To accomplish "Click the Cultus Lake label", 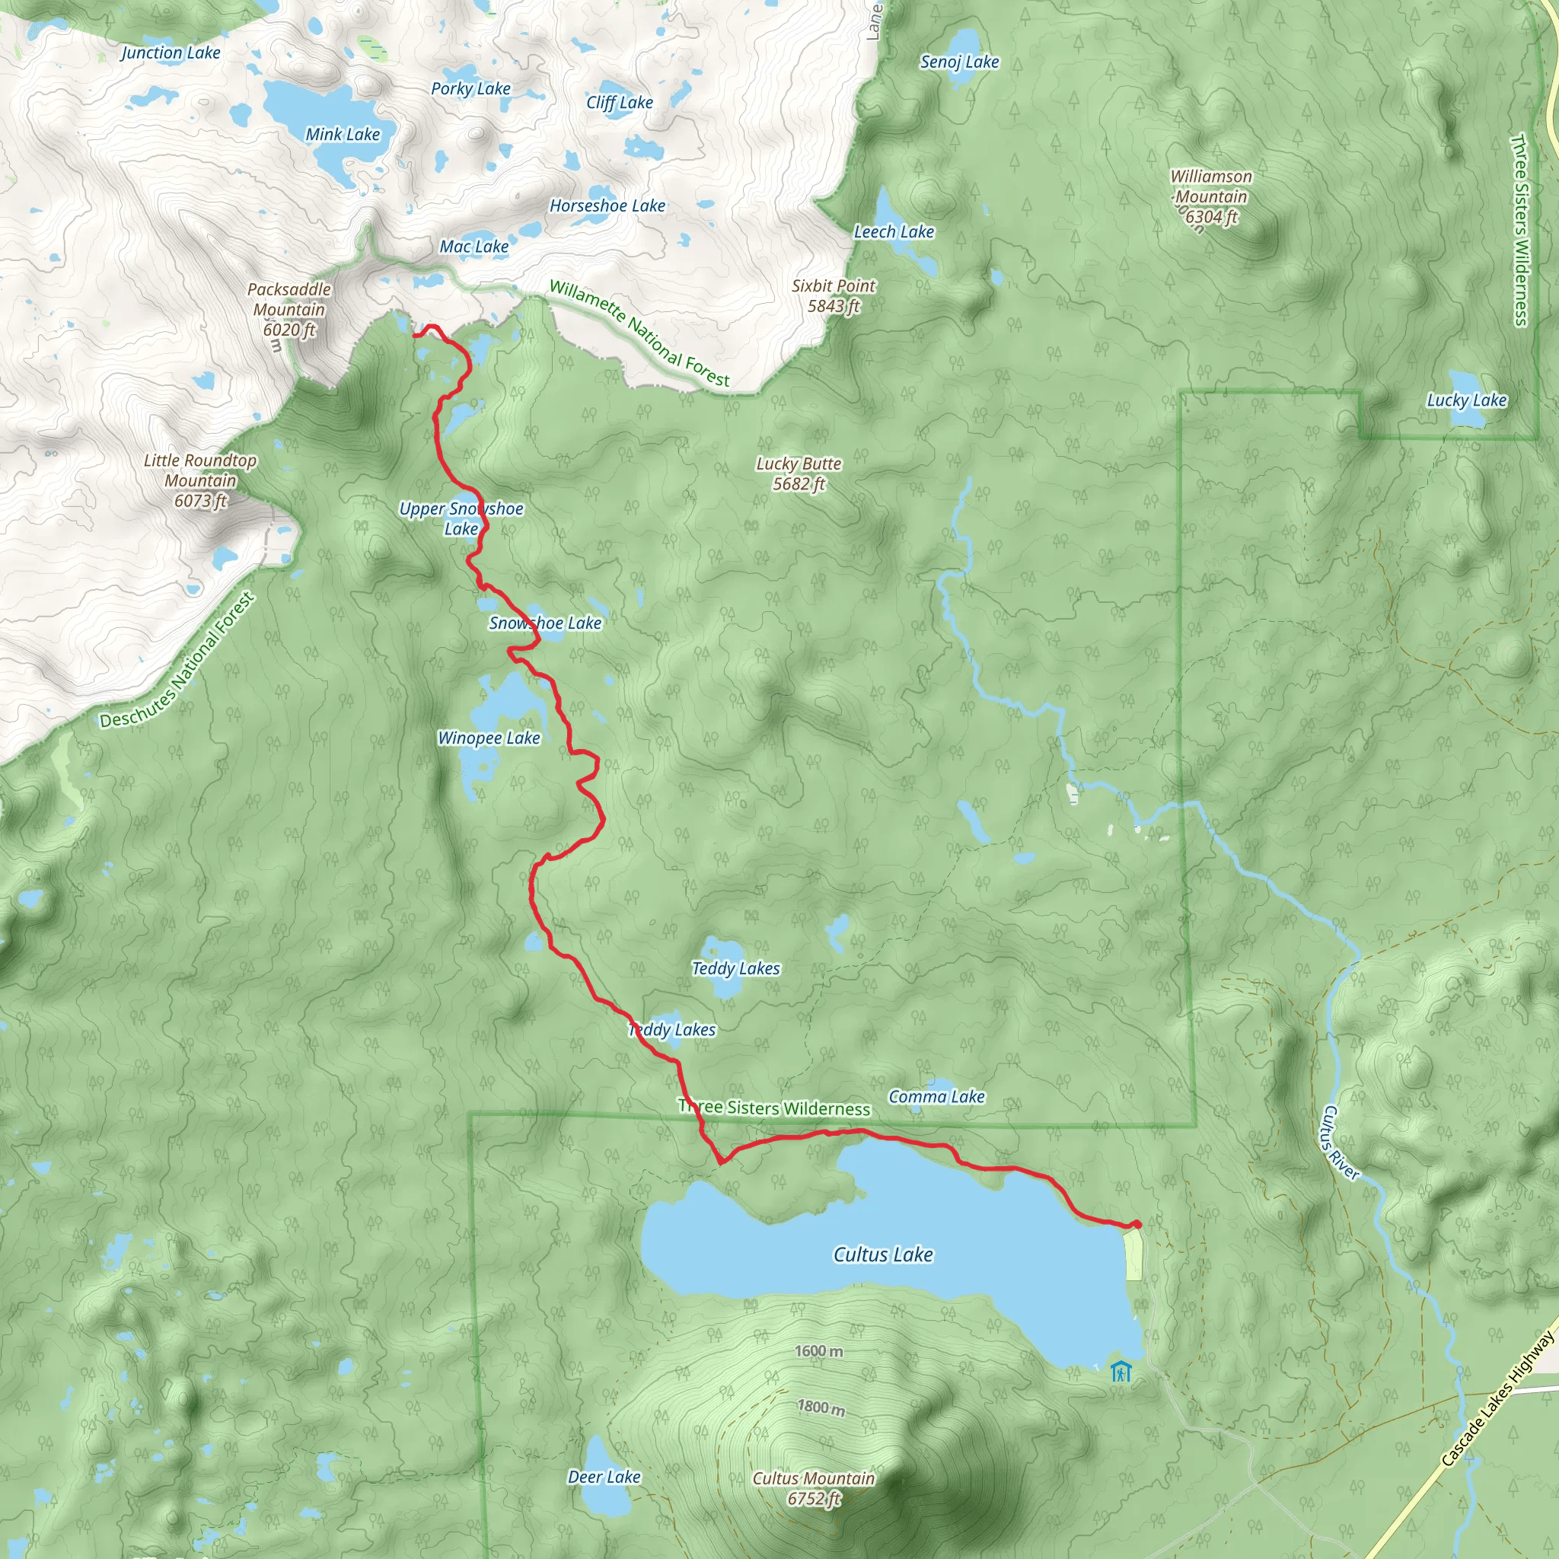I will click(x=883, y=1254).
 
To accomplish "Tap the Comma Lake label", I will click(x=936, y=1096).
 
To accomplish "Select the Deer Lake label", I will click(x=604, y=1454).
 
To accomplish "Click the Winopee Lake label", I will click(x=489, y=738).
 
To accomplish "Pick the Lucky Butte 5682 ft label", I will click(x=799, y=473).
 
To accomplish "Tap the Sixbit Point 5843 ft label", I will click(x=834, y=295).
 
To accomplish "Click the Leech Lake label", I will click(x=894, y=231).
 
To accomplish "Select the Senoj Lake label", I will click(x=959, y=62).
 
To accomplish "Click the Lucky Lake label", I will click(x=1466, y=400).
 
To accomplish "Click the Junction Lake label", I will click(x=171, y=53).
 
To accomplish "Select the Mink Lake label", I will click(x=342, y=135).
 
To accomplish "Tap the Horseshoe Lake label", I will click(x=607, y=206).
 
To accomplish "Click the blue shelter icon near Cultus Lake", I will click(x=1121, y=1371).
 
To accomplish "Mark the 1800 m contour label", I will click(x=821, y=1408).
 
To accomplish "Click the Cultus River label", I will click(x=1340, y=1143).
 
